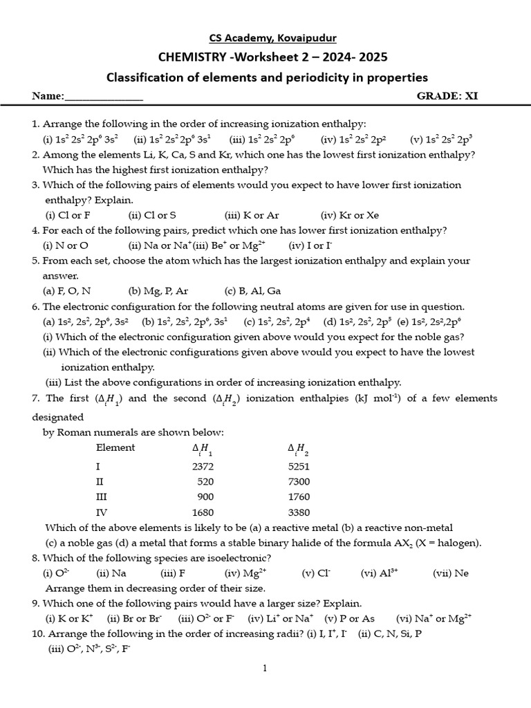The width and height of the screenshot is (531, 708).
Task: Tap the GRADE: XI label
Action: (x=447, y=96)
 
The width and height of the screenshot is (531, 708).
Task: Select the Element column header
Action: (x=115, y=448)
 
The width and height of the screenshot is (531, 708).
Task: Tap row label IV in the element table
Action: (x=101, y=512)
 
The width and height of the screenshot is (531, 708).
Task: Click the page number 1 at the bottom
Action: (x=264, y=668)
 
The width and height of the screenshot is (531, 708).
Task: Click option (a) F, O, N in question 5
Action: (x=68, y=291)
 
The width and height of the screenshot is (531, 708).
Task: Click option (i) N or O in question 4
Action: (x=66, y=245)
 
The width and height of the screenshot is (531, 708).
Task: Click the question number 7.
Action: (x=35, y=398)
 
